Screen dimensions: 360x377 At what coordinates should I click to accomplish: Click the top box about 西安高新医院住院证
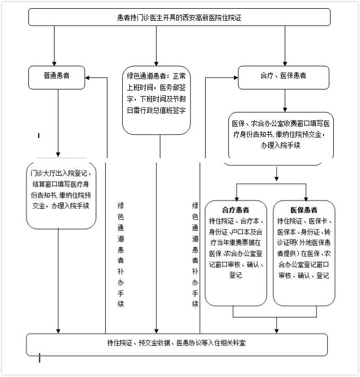pos(179,17)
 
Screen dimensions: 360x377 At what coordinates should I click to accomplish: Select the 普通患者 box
pos(57,77)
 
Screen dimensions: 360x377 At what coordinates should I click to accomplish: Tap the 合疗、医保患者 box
pos(284,77)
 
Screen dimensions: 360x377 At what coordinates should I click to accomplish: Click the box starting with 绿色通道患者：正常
pos(157,100)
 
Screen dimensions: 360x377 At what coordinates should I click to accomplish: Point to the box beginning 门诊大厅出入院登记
pos(61,195)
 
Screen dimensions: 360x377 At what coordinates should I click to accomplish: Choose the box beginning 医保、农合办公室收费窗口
pos(281,139)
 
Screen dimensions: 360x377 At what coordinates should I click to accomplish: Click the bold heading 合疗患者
pos(236,210)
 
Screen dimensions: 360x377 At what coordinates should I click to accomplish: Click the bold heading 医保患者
pos(304,210)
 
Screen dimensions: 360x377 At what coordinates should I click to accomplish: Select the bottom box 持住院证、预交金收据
pos(177,345)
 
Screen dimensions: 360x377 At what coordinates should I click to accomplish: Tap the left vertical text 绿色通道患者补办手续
pos(121,254)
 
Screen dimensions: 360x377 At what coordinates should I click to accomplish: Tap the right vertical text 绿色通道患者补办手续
pos(195,254)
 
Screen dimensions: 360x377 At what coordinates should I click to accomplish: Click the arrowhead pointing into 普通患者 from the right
pos(87,77)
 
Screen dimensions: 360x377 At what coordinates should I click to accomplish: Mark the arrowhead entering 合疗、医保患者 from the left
pos(236,77)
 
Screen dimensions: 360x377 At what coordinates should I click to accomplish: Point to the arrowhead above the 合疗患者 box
pos(237,199)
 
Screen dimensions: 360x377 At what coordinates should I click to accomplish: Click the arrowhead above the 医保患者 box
pos(306,199)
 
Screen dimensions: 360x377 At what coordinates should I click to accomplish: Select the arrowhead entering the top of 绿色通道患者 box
pos(156,64)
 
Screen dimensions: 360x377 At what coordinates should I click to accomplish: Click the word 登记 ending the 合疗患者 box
pos(236,275)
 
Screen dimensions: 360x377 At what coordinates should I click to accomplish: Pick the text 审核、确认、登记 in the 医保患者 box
pos(304,276)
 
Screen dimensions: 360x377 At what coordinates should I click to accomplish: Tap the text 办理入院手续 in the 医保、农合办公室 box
pos(281,145)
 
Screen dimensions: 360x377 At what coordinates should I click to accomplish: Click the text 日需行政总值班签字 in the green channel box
pos(157,110)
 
